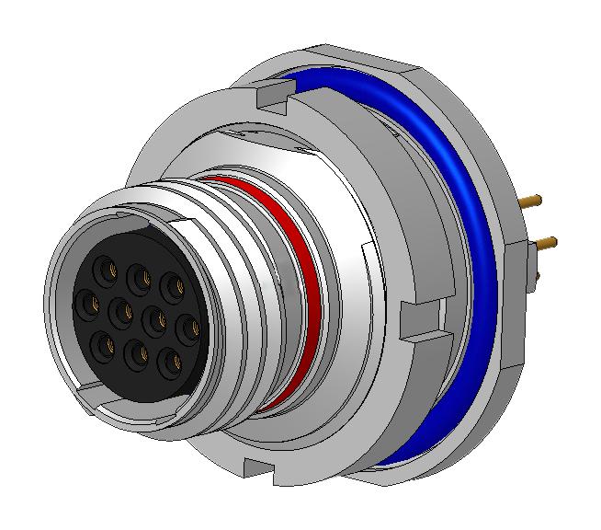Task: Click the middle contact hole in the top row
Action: point(140,275)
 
